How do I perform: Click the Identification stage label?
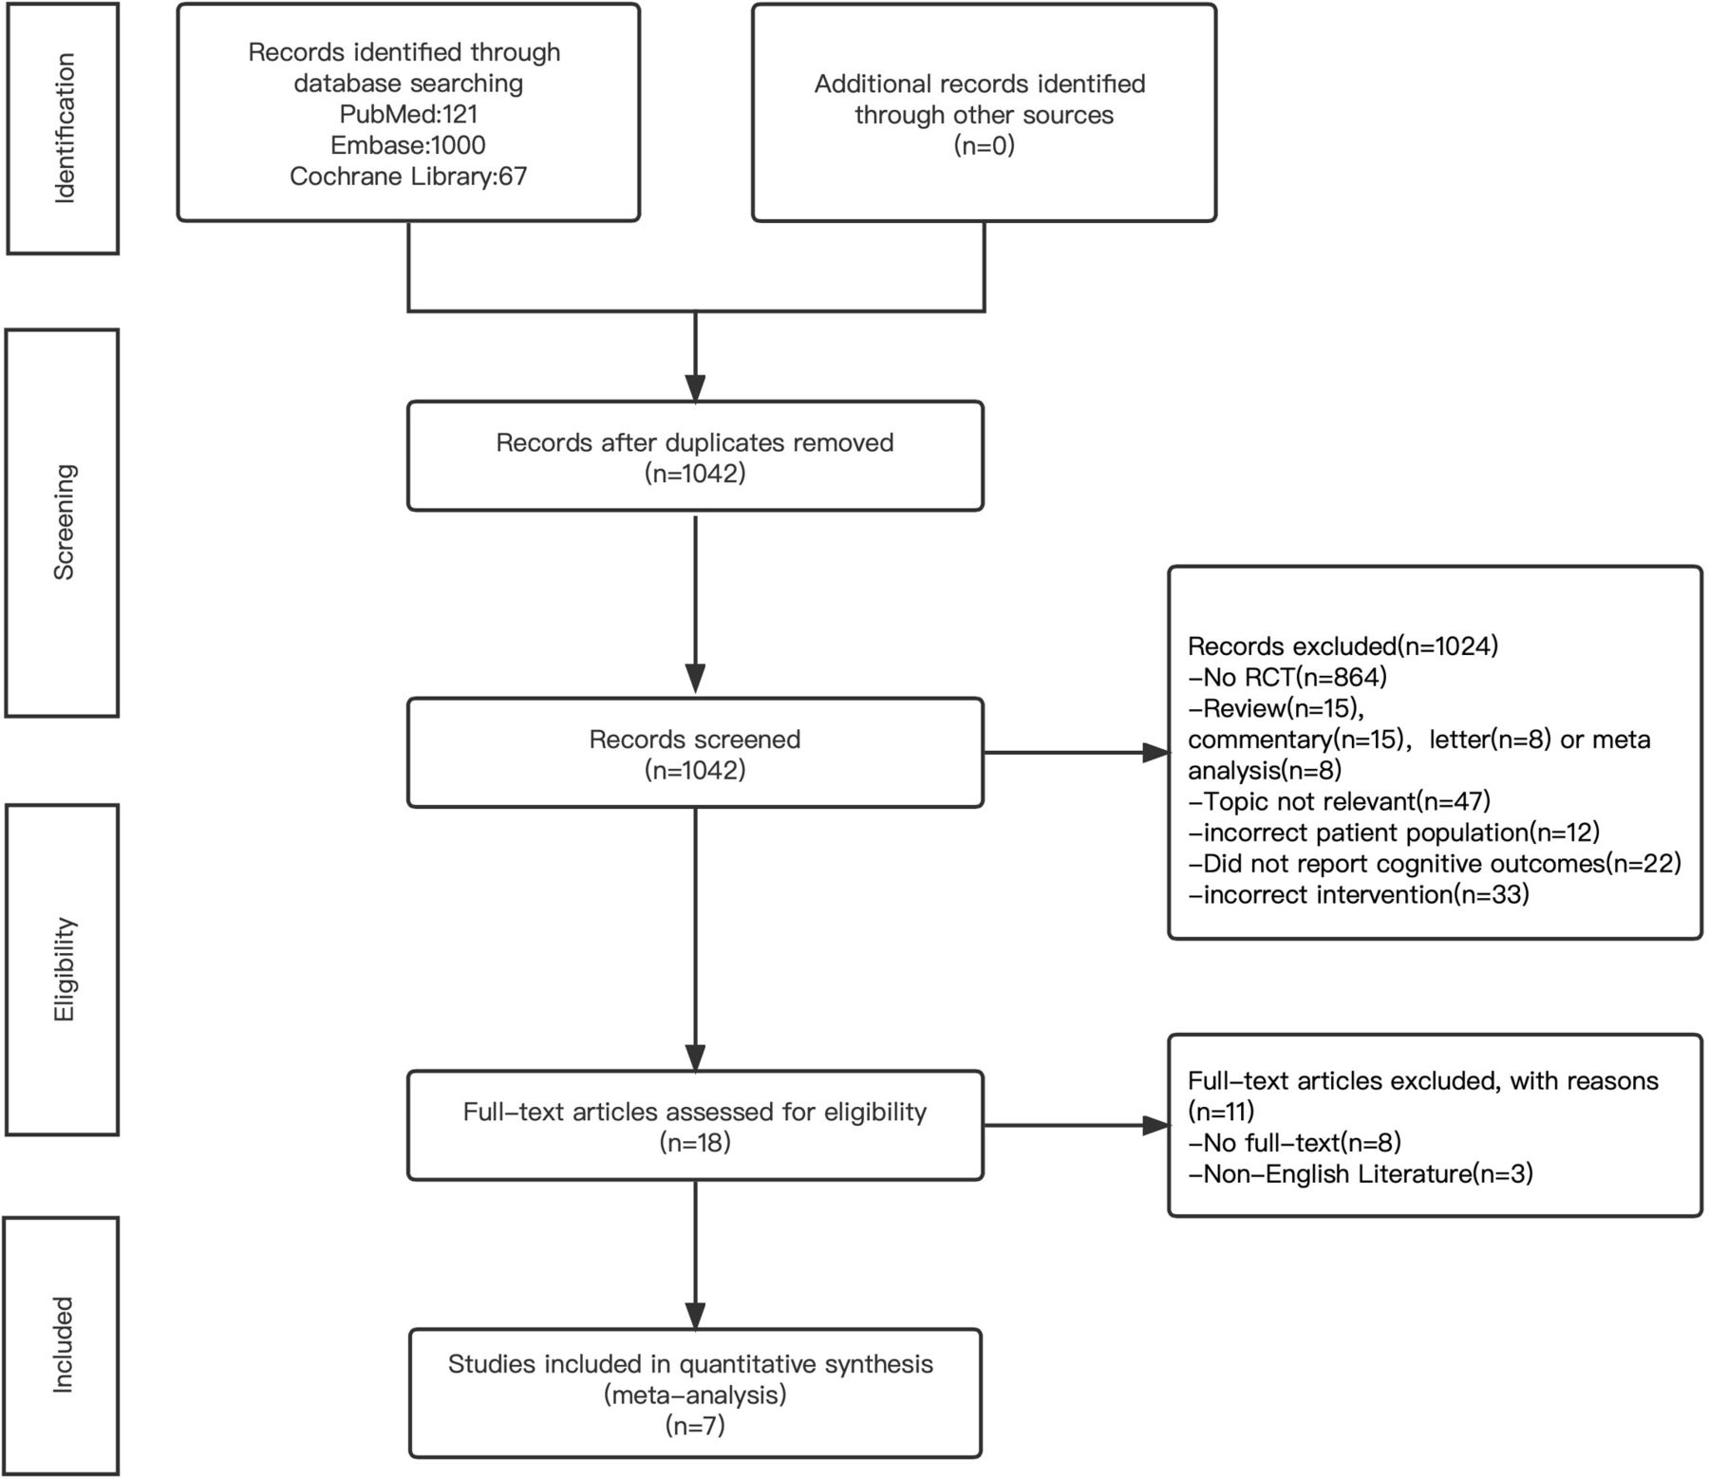click(x=64, y=128)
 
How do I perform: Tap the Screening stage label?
click(x=64, y=522)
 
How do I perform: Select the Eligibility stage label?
click(x=64, y=969)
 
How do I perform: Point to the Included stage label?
click(x=64, y=1344)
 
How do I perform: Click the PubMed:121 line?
click(x=408, y=114)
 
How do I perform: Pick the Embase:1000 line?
click(x=408, y=145)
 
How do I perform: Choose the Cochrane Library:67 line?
click(x=408, y=177)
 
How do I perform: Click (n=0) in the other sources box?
click(x=985, y=146)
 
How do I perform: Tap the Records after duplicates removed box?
click(x=696, y=457)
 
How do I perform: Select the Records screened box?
click(x=696, y=753)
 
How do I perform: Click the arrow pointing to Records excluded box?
click(x=1077, y=753)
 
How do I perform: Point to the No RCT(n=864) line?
click(x=1287, y=677)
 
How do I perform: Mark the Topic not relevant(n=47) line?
click(x=1340, y=801)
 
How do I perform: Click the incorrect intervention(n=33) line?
click(x=1359, y=894)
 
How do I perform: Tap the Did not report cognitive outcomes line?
click(x=1435, y=864)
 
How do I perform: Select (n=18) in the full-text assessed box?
click(x=696, y=1143)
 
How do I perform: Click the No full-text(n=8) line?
click(x=1295, y=1143)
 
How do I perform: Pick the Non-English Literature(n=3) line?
click(x=1361, y=1174)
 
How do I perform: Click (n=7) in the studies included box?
click(x=696, y=1426)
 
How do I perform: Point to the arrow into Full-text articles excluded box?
click(x=1077, y=1126)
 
